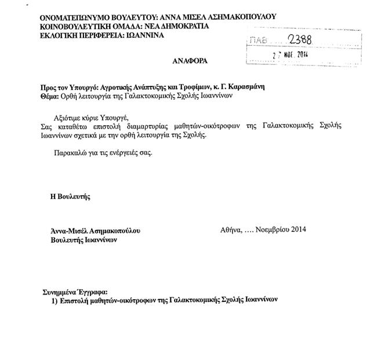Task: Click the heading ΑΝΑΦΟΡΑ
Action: (x=189, y=60)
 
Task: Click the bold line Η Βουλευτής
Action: (x=70, y=197)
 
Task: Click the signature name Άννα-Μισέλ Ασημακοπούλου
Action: (x=95, y=230)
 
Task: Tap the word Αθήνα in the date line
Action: (x=230, y=230)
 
